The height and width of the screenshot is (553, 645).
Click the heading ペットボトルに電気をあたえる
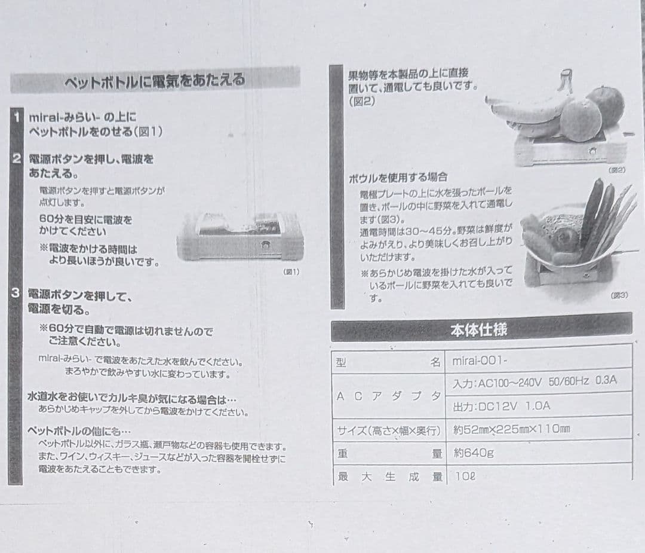click(x=155, y=81)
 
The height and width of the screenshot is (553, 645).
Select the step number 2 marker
click(x=17, y=158)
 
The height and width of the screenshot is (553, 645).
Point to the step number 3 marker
click(x=16, y=293)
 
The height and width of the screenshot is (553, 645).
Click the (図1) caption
click(x=291, y=272)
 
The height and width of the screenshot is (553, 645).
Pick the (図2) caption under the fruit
click(x=616, y=170)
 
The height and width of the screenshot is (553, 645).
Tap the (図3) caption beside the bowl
click(x=619, y=295)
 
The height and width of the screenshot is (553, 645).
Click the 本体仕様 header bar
click(x=481, y=329)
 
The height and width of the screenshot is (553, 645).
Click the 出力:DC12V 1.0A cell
click(x=502, y=407)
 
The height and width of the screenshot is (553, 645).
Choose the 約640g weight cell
click(x=474, y=453)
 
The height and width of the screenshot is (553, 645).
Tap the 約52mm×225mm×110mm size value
click(x=511, y=429)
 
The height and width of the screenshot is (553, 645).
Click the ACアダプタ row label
click(x=389, y=395)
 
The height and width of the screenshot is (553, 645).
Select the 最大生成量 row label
click(x=389, y=476)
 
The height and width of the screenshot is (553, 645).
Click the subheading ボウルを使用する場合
click(x=398, y=178)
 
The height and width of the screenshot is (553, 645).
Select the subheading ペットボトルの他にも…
click(x=79, y=431)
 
